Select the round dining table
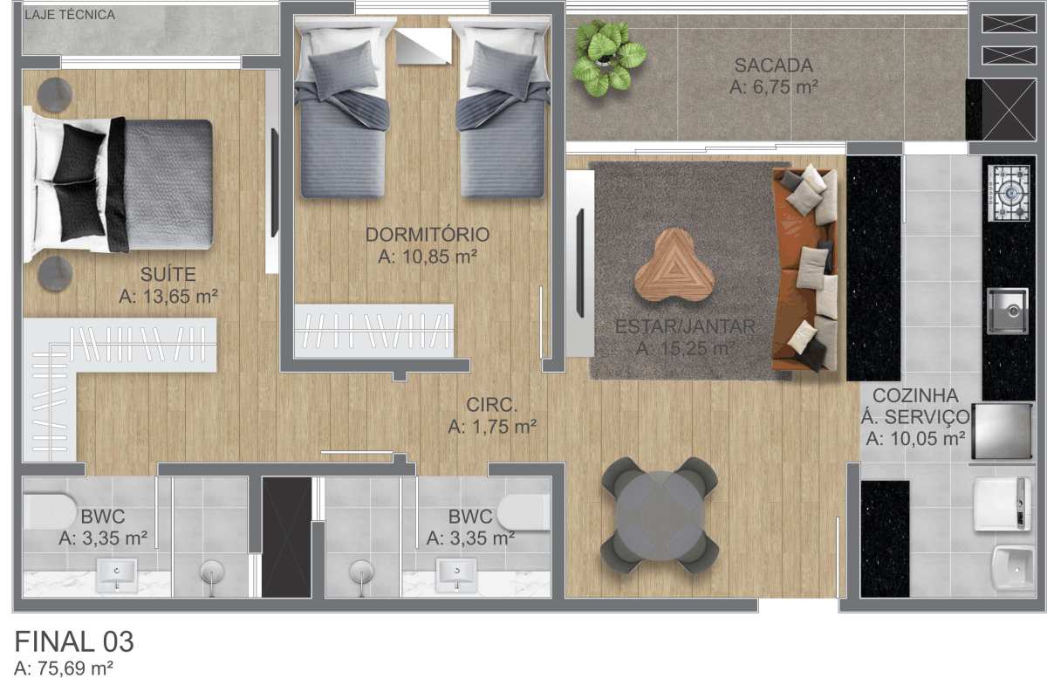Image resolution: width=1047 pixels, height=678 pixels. click(x=660, y=515)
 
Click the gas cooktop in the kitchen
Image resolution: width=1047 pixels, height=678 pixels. click(x=1009, y=193)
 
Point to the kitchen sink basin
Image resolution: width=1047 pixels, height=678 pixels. click(x=1008, y=311)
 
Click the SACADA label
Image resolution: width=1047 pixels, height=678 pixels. click(x=774, y=65)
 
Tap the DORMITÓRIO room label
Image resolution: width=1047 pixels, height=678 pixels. click(x=428, y=234)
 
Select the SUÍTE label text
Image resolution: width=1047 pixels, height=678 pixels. click(x=168, y=274)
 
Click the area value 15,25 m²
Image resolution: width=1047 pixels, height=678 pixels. click(x=685, y=348)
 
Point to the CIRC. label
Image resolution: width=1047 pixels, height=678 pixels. click(x=492, y=405)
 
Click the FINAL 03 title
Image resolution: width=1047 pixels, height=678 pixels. click(x=74, y=641)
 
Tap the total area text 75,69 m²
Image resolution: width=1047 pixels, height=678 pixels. click(x=64, y=668)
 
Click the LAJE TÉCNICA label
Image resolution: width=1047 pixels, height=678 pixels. click(x=70, y=15)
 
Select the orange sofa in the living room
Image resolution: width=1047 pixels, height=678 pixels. click(x=804, y=270)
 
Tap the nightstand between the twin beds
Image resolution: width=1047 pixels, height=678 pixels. click(x=423, y=46)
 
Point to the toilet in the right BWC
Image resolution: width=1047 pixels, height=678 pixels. click(x=523, y=512)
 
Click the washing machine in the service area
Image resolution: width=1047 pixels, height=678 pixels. click(x=1003, y=504)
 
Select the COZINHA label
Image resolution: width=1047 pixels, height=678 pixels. click(x=915, y=395)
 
